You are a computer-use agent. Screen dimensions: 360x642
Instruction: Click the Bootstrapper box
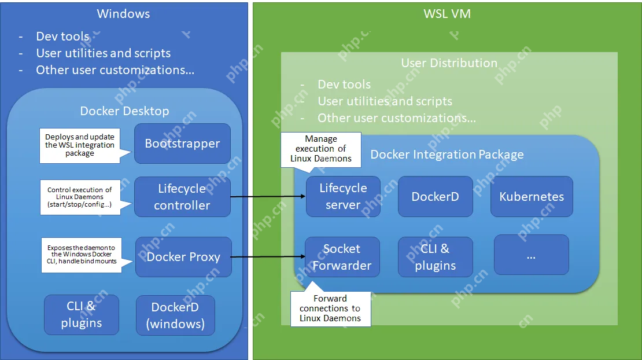coord(182,144)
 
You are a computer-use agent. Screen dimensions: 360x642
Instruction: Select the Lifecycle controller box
coord(182,197)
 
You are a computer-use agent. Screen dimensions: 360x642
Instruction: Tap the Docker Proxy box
coord(183,257)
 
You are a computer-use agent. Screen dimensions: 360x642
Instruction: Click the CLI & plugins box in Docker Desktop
coord(81,315)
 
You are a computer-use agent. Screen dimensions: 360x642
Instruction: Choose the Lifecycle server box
coord(343,196)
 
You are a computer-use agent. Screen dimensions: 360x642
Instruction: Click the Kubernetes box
coord(532,196)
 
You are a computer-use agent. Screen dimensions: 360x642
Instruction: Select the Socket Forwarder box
coord(342,257)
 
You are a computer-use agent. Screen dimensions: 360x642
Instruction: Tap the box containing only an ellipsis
coord(531,255)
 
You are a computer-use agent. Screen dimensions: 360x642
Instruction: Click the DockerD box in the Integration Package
coord(435,196)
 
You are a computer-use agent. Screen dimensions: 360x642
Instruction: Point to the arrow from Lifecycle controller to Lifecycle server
coord(267,197)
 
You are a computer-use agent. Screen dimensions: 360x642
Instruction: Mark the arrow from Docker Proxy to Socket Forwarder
coord(267,257)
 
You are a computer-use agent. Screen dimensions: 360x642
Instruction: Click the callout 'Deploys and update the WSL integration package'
coord(80,145)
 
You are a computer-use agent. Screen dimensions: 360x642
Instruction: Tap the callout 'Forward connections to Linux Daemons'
coord(330,308)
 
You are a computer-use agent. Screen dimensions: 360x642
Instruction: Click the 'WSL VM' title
coord(447,14)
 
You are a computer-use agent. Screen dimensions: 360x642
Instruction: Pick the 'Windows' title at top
coord(123,14)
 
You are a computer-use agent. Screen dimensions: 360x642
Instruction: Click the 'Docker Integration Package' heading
coord(447,155)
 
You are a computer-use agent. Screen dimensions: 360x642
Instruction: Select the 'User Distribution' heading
coord(449,63)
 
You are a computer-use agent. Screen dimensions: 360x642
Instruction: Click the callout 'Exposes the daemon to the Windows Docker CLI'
coord(81,255)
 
